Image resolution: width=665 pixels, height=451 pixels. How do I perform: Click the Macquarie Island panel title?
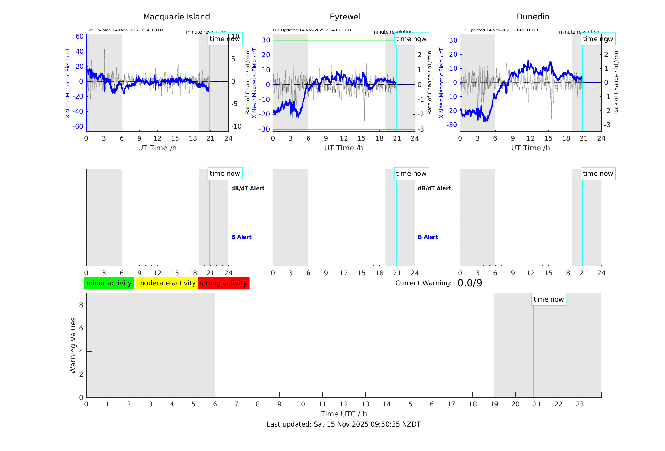[x=176, y=17]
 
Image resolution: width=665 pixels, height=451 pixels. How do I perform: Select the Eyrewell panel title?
[x=346, y=17]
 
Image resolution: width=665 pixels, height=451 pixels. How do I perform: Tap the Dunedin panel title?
[x=533, y=17]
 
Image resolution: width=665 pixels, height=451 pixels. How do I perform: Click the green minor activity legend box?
[x=109, y=283]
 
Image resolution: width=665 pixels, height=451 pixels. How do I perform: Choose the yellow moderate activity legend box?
[x=166, y=283]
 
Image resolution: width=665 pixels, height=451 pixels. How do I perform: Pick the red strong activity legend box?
[x=223, y=283]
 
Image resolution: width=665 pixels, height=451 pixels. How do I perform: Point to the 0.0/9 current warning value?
[x=470, y=283]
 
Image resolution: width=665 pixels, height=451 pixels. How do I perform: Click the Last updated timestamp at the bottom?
[x=343, y=424]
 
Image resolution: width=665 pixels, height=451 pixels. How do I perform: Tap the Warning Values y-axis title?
[x=73, y=345]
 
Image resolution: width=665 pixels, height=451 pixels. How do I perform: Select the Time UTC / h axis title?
[x=343, y=414]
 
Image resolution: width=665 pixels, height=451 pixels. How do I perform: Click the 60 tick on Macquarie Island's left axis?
[x=79, y=36]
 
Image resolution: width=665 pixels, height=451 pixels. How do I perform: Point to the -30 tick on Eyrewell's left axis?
[x=264, y=129]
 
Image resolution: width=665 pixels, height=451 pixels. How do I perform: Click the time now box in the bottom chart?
[x=548, y=299]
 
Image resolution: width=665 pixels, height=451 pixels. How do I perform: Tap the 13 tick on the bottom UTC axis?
[x=365, y=404]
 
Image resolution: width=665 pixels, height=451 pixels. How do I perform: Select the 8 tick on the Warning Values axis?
[x=81, y=305]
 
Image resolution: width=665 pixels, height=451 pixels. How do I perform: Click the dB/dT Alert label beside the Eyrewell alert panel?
[x=434, y=188]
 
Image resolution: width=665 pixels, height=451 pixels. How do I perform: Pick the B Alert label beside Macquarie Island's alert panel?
[x=241, y=237]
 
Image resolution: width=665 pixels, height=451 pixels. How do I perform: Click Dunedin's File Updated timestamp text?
[x=500, y=30]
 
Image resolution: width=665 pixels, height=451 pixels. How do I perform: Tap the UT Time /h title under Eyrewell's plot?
[x=343, y=148]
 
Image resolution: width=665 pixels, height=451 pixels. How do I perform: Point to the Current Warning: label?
[x=423, y=283]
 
